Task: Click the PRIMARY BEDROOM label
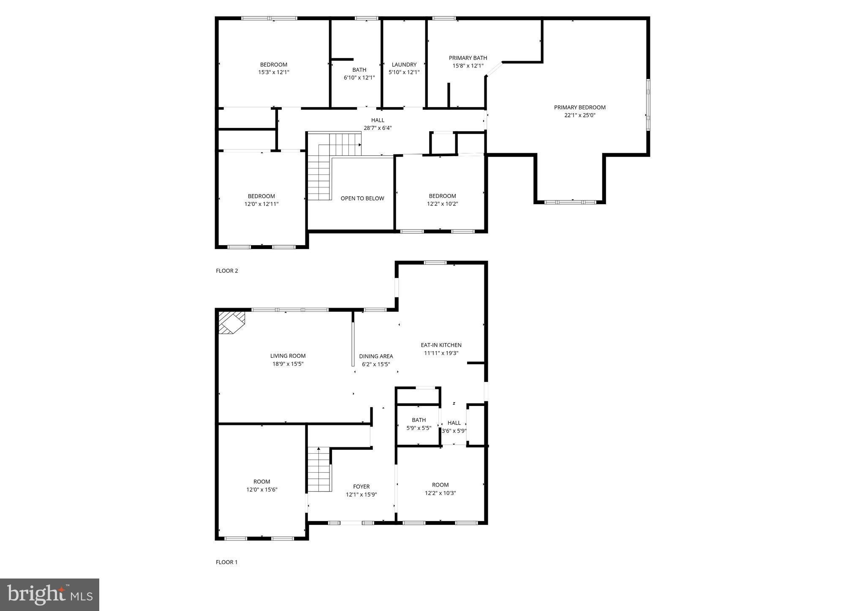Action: [579, 108]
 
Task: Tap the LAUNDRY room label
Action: [404, 65]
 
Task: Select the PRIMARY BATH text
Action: [468, 58]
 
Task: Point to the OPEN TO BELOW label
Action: [362, 198]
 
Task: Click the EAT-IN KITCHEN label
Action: [441, 345]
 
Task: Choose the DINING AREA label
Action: [376, 356]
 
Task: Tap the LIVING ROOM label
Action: [288, 356]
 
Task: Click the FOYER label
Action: [361, 487]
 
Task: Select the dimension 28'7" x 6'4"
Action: [378, 128]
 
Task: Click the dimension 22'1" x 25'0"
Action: [579, 115]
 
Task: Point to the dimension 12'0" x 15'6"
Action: [262, 489]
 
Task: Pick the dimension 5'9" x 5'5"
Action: [419, 428]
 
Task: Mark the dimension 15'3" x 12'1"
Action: [274, 72]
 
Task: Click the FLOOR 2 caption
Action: [227, 271]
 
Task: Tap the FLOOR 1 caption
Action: [227, 562]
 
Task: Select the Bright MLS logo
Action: [49, 595]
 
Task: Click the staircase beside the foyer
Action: [319, 469]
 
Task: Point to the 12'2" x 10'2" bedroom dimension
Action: [442, 204]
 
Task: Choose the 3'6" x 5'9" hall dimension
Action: [454, 431]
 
